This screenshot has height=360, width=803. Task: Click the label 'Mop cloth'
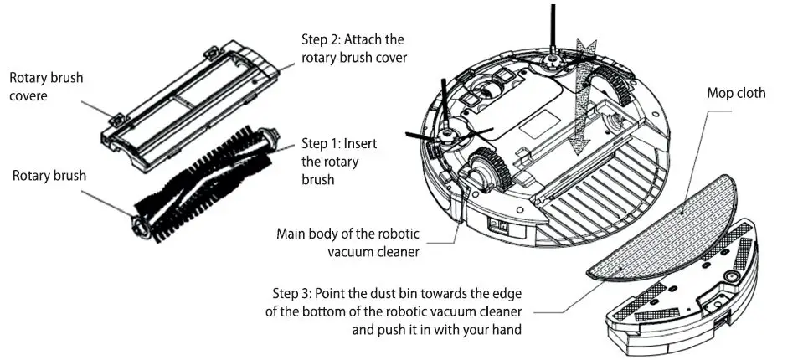[736, 93]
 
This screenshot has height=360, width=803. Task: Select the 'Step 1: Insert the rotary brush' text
[338, 161]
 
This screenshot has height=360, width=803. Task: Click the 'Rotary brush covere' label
[46, 86]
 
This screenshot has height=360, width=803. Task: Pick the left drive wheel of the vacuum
[489, 168]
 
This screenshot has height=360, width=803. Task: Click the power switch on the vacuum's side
[499, 224]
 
